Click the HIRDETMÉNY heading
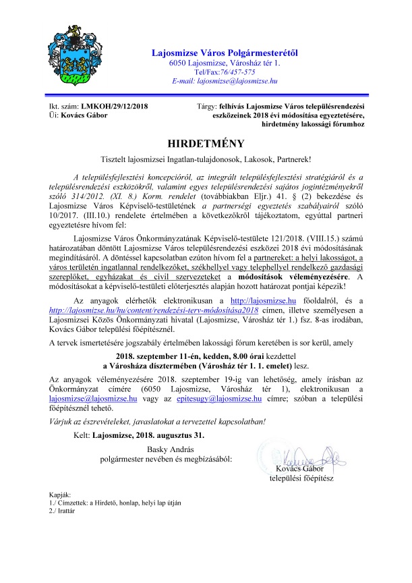[x=205, y=144]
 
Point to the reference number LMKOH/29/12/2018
[x=114, y=106]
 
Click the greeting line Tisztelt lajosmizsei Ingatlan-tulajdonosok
[x=205, y=159]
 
